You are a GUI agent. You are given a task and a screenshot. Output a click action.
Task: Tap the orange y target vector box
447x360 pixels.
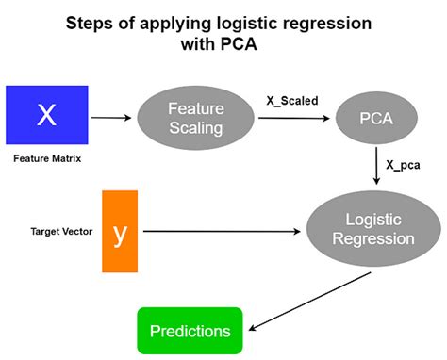click(120, 231)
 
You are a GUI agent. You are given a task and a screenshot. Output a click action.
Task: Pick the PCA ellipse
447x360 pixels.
click(376, 120)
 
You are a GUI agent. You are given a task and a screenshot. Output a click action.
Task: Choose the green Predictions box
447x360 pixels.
click(190, 331)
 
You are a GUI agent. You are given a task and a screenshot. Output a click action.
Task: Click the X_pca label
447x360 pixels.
click(402, 164)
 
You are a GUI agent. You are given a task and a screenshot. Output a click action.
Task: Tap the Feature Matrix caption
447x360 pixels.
click(46, 159)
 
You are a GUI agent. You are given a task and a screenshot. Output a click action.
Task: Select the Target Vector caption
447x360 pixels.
click(54, 231)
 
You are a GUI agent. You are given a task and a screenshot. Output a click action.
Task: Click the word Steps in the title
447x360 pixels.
click(95, 22)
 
